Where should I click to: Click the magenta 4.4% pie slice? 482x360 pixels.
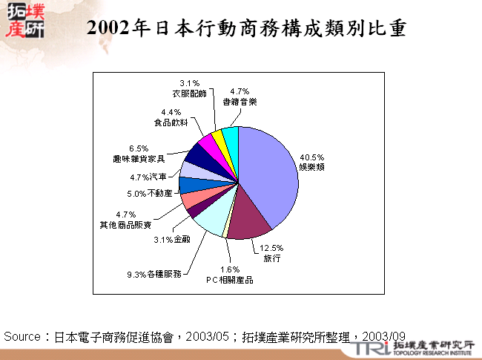point(208,143)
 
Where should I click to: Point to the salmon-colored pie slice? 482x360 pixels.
point(191,198)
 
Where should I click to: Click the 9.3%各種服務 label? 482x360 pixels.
point(153,275)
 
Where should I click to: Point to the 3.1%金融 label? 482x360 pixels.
point(172,240)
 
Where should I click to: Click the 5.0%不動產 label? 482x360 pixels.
point(149,193)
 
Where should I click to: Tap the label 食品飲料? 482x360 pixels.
point(171,122)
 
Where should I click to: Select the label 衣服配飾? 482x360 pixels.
point(188,94)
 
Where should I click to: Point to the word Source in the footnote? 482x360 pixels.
point(22,337)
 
